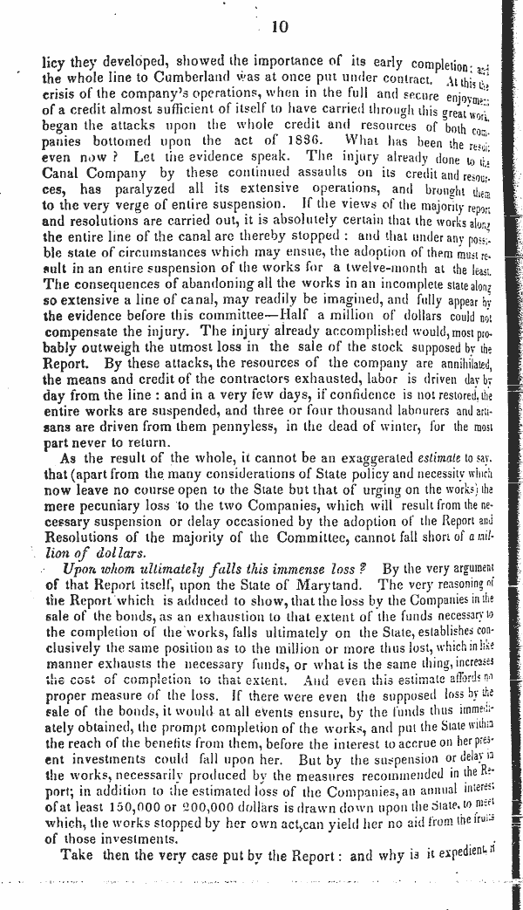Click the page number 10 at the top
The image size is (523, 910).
[x=280, y=27]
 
